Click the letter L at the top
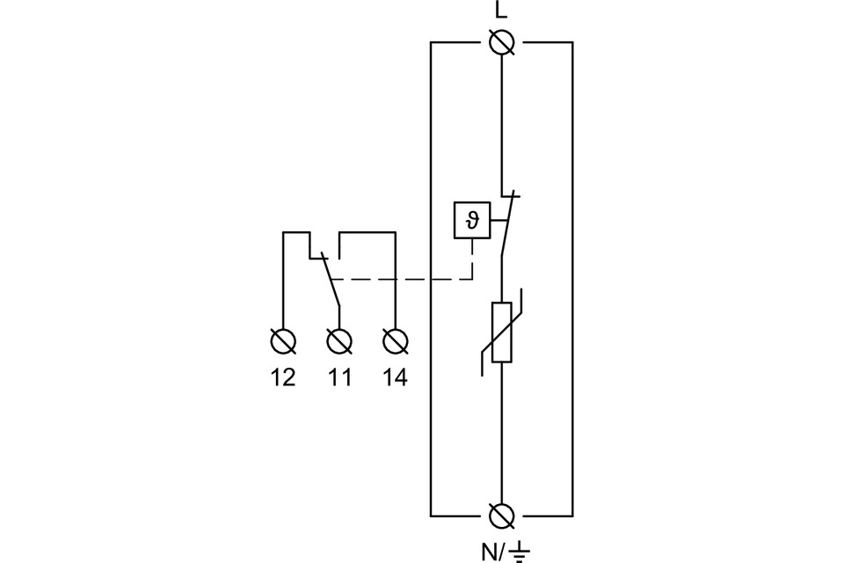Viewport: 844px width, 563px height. click(501, 11)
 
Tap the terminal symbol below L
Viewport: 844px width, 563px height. click(501, 41)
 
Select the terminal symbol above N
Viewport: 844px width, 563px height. click(501, 514)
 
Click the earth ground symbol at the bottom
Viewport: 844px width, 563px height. click(521, 552)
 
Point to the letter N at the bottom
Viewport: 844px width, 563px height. click(488, 552)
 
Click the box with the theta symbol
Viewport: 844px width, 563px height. click(472, 220)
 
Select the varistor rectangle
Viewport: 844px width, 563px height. click(501, 333)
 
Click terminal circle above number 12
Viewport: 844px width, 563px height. click(283, 340)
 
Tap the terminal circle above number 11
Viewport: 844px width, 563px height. click(338, 340)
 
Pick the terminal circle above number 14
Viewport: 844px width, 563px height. click(396, 340)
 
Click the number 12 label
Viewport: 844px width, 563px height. click(283, 378)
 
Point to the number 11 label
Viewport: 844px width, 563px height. click(339, 378)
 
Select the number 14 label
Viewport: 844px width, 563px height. click(396, 378)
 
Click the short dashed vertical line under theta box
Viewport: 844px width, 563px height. click(472, 260)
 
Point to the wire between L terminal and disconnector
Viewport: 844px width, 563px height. click(501, 123)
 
